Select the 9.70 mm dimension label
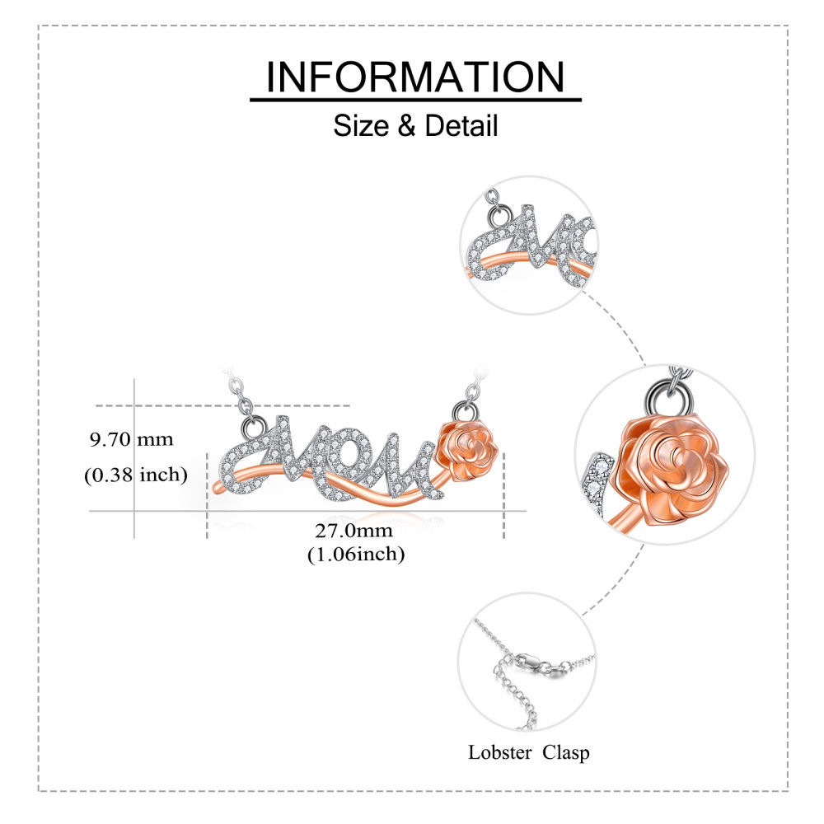[132, 439]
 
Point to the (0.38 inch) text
[135, 475]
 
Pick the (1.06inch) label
[356, 555]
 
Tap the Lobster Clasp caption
[528, 751]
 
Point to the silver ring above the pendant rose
[460, 410]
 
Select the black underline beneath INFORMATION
[415, 101]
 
